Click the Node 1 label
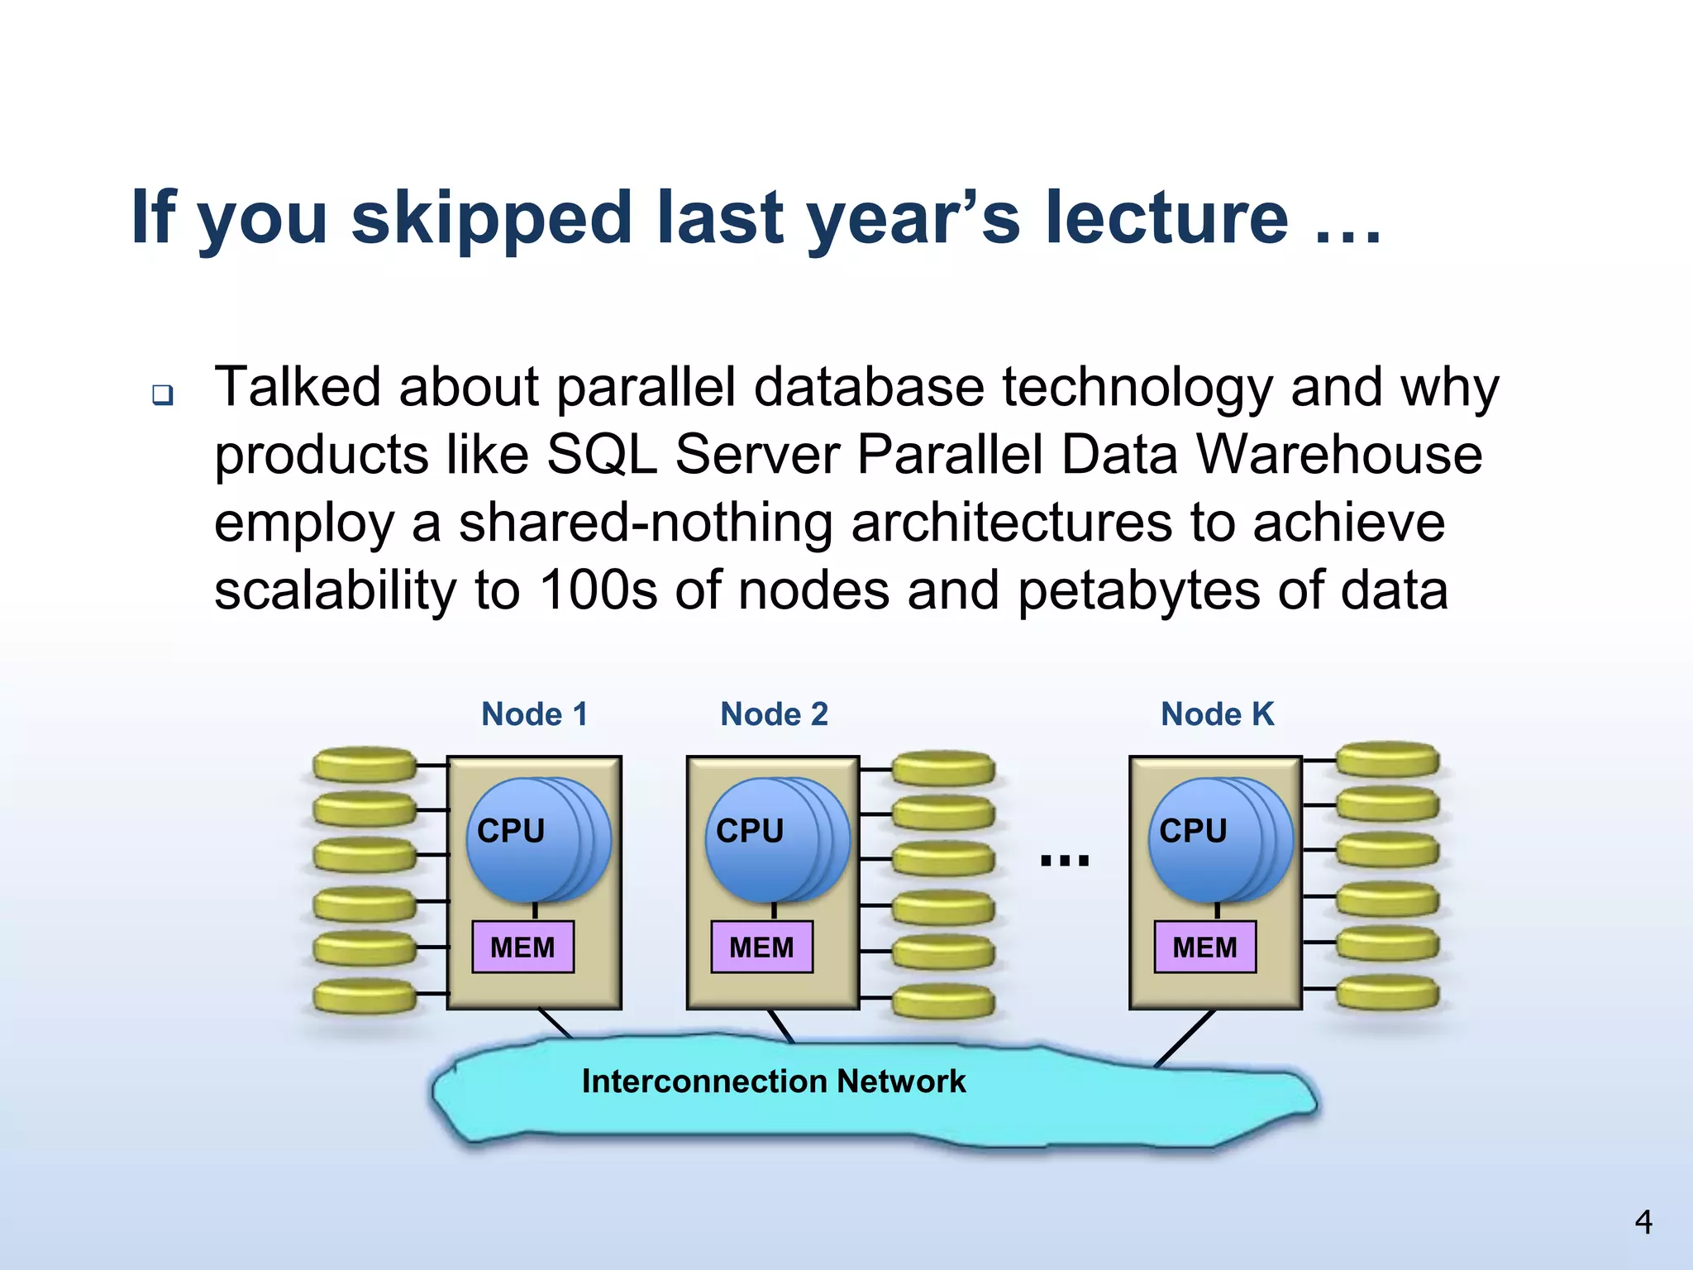[x=534, y=714]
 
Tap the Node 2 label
[x=774, y=714]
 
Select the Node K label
[x=1217, y=714]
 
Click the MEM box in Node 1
[x=522, y=947]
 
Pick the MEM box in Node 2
[x=761, y=947]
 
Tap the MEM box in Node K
[x=1204, y=947]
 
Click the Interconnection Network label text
[x=774, y=1081]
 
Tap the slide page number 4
[x=1643, y=1222]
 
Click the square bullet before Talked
[x=163, y=394]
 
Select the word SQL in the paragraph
[x=602, y=455]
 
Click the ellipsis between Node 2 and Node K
[x=1065, y=861]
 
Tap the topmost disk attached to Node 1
[x=365, y=765]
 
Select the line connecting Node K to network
[x=1185, y=1038]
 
